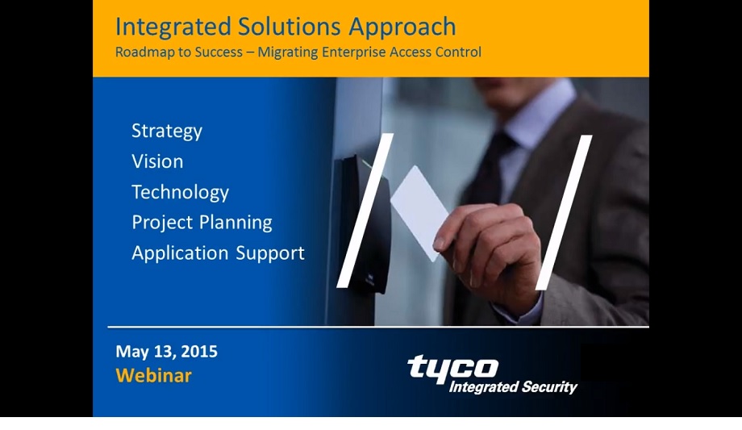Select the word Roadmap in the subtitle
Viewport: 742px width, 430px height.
144,52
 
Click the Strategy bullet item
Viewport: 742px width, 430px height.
167,131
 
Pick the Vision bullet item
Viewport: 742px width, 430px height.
157,161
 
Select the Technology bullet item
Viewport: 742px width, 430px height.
180,192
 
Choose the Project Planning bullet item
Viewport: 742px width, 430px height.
202,223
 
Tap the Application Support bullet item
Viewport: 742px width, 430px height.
218,253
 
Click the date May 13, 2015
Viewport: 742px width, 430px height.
166,352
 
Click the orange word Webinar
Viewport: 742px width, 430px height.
153,376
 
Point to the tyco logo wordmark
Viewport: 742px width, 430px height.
452,368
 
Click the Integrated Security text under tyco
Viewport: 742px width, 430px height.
512,387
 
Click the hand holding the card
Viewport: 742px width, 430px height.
492,250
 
